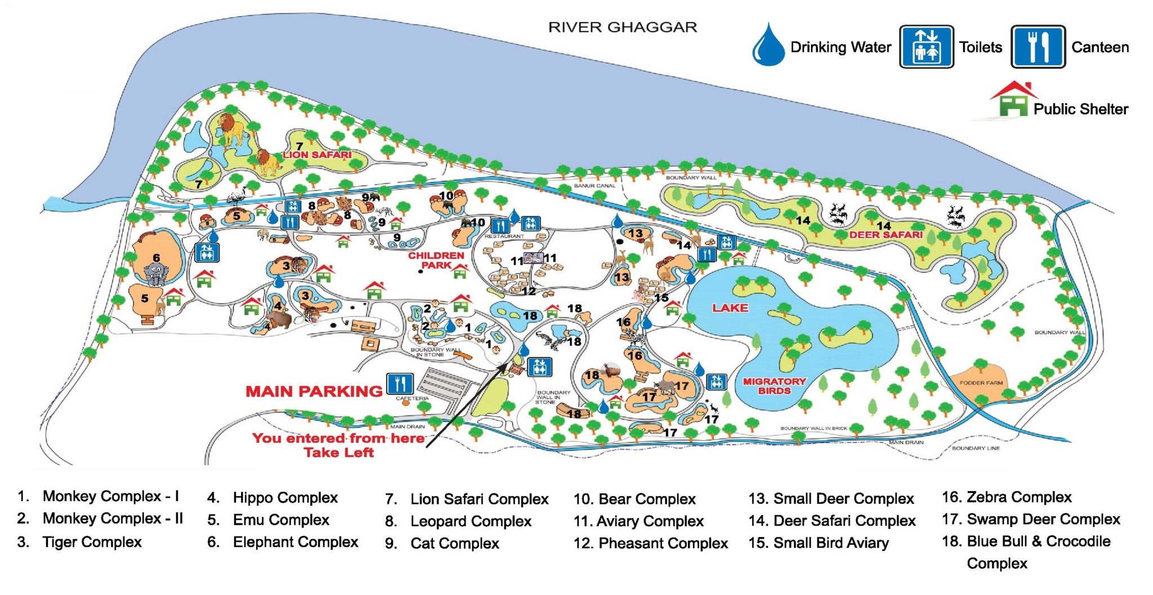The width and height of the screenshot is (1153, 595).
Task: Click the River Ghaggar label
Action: coord(623,26)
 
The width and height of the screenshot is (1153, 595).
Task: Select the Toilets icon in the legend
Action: coord(926,47)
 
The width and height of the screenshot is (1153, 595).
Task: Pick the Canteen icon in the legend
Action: coord(1038,47)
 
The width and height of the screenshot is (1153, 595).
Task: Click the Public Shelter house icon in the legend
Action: coord(1013,100)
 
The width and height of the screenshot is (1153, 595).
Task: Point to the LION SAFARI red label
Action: coord(317,155)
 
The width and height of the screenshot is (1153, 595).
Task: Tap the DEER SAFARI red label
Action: coord(886,235)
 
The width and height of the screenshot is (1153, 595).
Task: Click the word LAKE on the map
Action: coord(730,308)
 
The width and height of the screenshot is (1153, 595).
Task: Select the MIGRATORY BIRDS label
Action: coord(774,386)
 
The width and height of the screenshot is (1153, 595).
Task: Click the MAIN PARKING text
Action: coord(314,391)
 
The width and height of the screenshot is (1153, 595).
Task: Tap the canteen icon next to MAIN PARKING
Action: coord(400,384)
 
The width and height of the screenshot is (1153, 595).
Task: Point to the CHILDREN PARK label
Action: coord(436,260)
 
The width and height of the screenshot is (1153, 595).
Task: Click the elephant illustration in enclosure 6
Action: coord(156,274)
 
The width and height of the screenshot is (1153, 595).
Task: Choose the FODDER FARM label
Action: coord(981,383)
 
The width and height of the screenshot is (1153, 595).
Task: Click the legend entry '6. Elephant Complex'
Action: coord(283,542)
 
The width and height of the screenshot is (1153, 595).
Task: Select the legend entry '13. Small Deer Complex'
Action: coord(831,499)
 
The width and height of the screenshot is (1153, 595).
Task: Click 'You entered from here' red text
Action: coord(338,439)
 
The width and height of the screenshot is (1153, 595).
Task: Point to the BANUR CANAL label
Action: coord(595,186)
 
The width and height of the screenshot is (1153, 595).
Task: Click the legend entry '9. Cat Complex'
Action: coord(443,544)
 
